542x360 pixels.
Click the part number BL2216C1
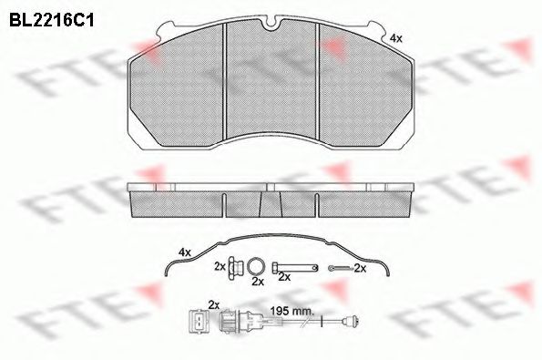coord(52,21)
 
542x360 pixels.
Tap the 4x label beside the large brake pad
coord(396,38)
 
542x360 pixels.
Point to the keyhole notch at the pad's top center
coord(271,24)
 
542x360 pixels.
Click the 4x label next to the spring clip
coord(185,252)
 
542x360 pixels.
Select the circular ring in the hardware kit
coord(256,266)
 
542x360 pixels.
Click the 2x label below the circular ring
coord(258,282)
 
